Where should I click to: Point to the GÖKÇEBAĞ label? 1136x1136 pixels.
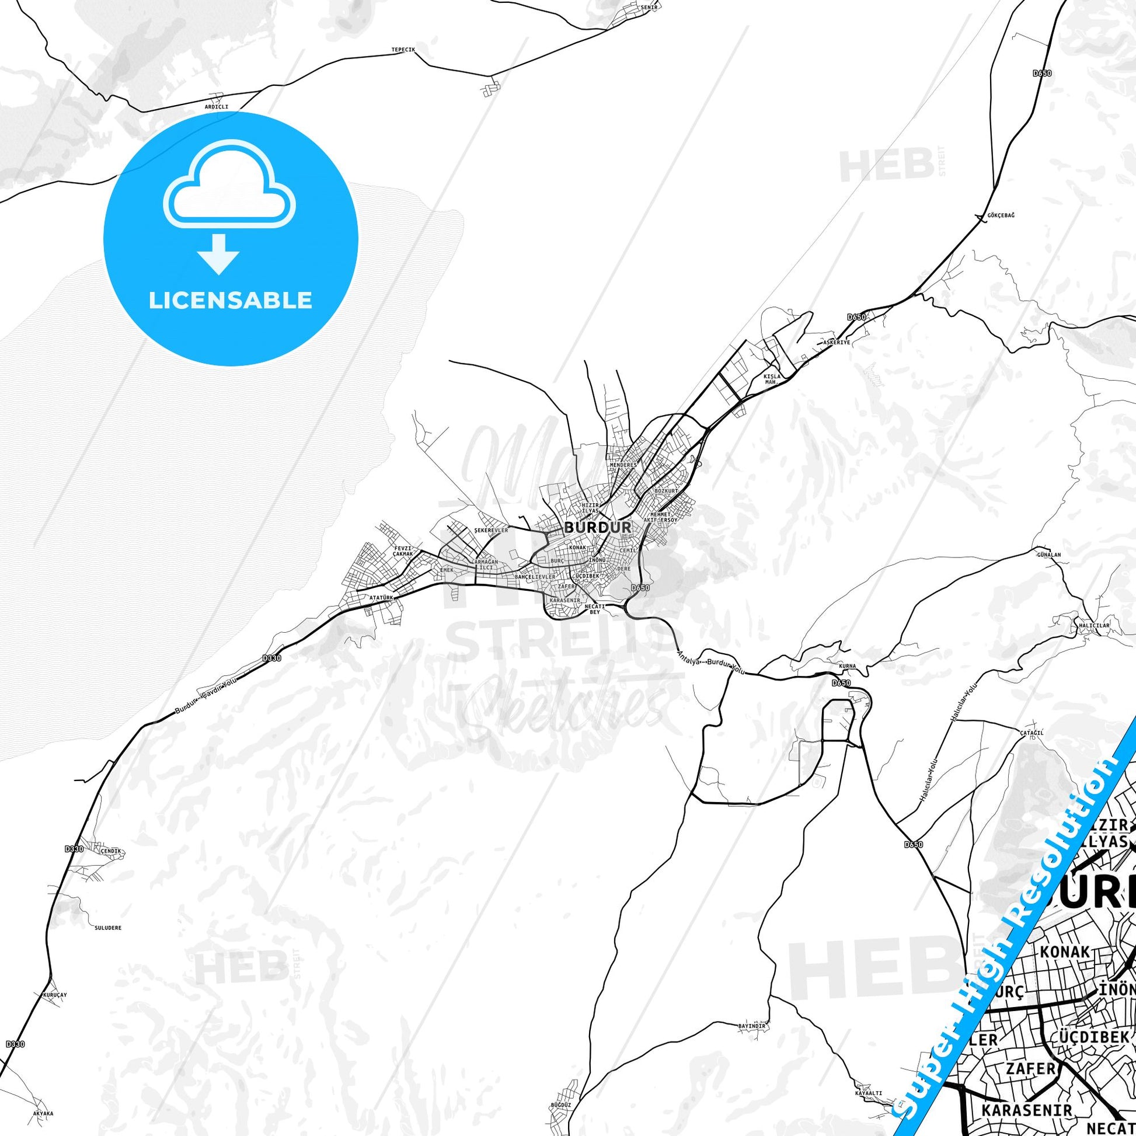pos(1000,215)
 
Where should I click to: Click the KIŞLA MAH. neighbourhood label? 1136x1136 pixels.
pos(771,379)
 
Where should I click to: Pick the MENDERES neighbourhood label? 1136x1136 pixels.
pos(623,465)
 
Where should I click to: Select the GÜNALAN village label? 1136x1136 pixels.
pos(1049,555)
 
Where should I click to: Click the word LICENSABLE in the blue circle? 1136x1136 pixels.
pos(230,301)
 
